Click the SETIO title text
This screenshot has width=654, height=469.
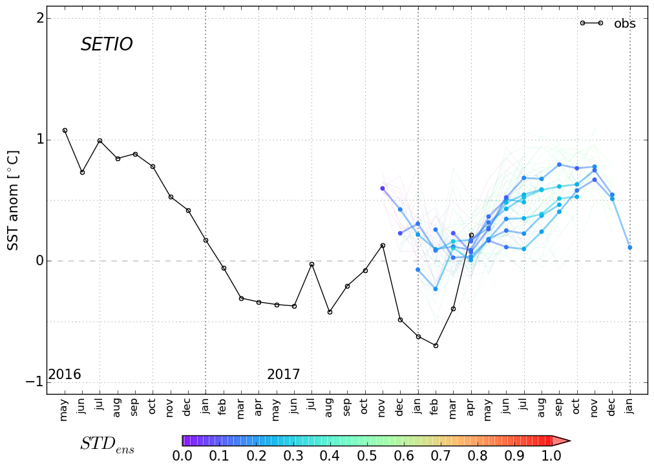pyautogui.click(x=107, y=45)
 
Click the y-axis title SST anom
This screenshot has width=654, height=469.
pyautogui.click(x=13, y=201)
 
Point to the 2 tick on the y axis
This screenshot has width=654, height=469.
pyautogui.click(x=40, y=18)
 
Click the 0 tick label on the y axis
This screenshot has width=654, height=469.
pyautogui.click(x=40, y=261)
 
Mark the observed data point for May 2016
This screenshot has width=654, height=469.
pyautogui.click(x=65, y=130)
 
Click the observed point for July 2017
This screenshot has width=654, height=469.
pyautogui.click(x=311, y=264)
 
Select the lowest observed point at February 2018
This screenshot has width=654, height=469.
pyautogui.click(x=436, y=345)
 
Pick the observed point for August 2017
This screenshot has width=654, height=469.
pyautogui.click(x=330, y=312)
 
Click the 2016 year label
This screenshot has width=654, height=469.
pyautogui.click(x=65, y=375)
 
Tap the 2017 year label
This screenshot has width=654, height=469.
pyautogui.click(x=283, y=375)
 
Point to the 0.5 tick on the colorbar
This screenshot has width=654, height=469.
pyautogui.click(x=366, y=455)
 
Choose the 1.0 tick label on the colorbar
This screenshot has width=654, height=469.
pyautogui.click(x=551, y=455)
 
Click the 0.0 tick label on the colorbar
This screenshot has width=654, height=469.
pyautogui.click(x=182, y=455)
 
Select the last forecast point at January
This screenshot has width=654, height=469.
pyautogui.click(x=629, y=247)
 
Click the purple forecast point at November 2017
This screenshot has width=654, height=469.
pyautogui.click(x=383, y=188)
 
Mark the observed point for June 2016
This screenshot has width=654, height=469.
pyautogui.click(x=82, y=172)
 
